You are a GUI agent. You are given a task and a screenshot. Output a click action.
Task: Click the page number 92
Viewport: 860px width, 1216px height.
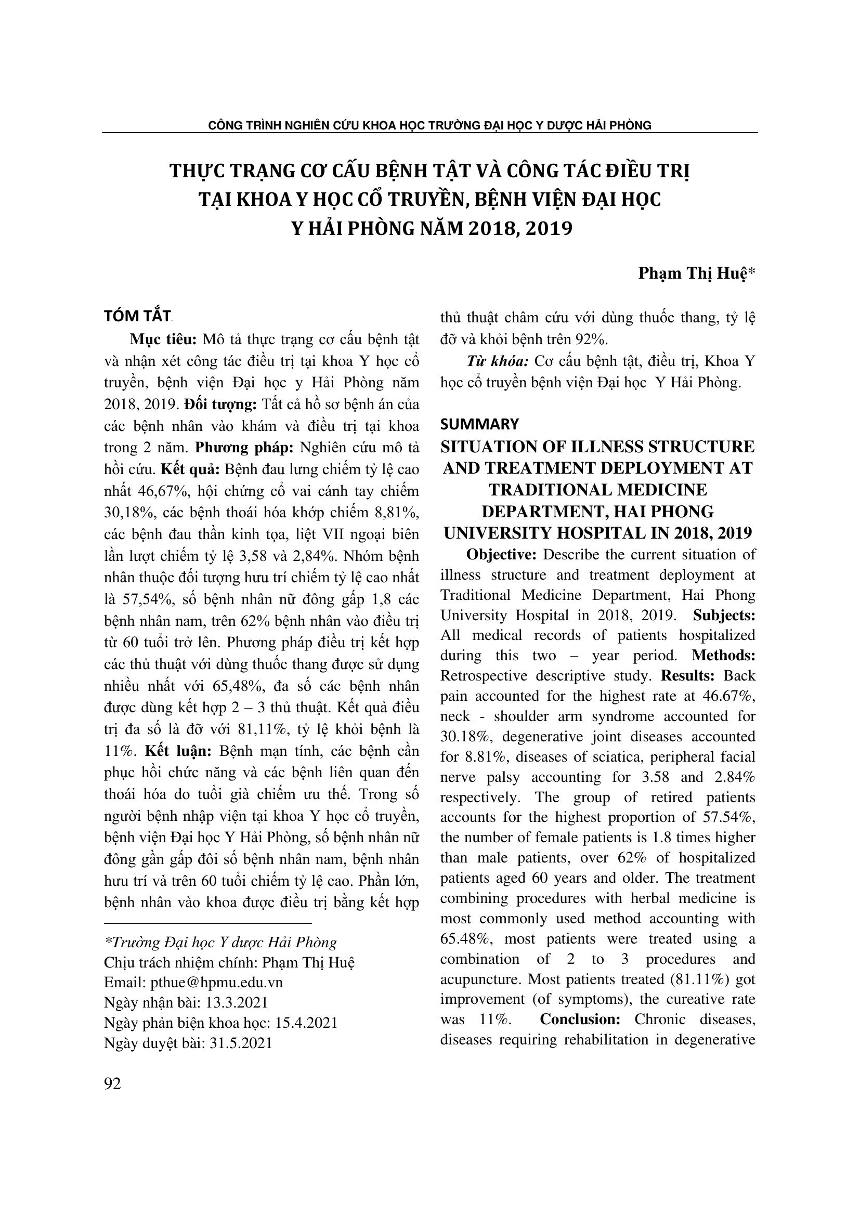pos(113,1084)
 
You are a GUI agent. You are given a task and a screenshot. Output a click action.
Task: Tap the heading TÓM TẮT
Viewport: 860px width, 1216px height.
pos(137,317)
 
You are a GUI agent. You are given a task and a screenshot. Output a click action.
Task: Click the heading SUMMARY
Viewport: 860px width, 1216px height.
pos(480,424)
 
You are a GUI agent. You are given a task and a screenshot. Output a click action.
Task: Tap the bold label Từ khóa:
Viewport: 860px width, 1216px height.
pos(497,361)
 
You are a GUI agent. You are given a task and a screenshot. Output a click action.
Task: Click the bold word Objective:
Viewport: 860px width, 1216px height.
pos(501,555)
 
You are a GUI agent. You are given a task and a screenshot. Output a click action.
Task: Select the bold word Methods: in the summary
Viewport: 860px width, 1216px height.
pos(723,655)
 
